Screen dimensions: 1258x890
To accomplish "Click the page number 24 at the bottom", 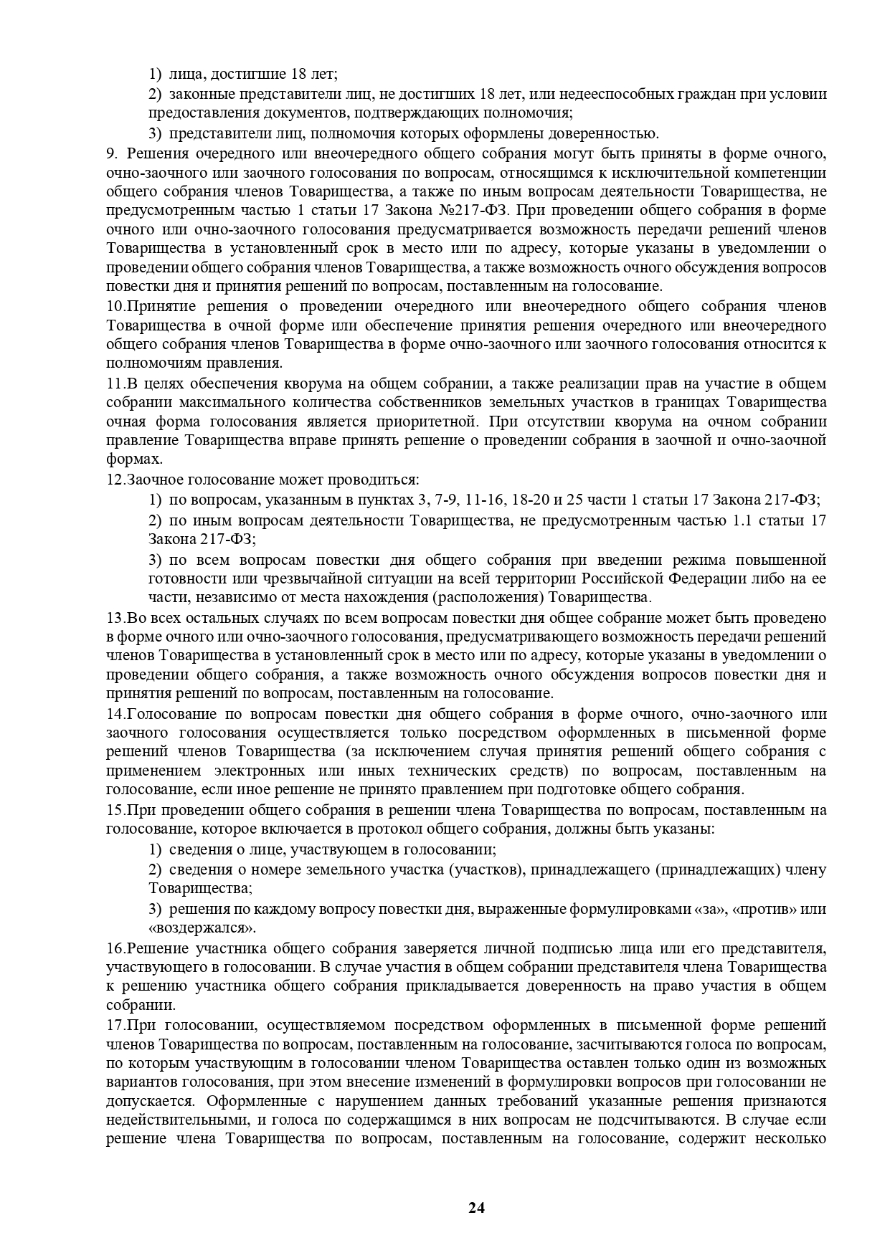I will pos(477,1208).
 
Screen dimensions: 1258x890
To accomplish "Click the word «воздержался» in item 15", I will pos(202,928).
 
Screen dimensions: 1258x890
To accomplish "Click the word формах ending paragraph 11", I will pos(132,459).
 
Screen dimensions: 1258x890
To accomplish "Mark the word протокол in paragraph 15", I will pos(357,829).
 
